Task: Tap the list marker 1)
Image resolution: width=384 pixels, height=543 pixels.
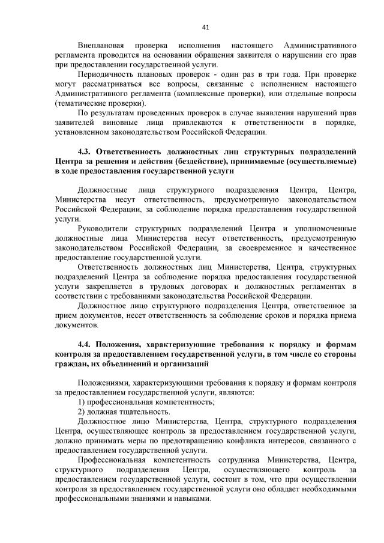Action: coord(82,401)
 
